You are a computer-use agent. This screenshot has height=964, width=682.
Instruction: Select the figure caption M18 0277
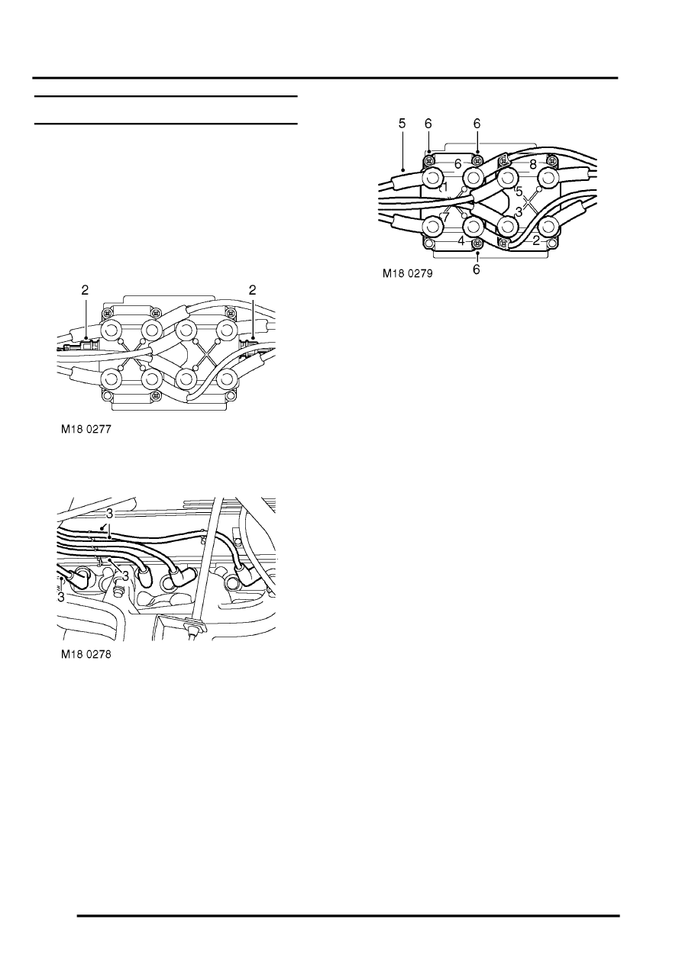tap(86, 430)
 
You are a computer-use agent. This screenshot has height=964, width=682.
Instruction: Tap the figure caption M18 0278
tap(86, 655)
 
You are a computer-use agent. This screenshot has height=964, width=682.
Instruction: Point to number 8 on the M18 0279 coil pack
tap(533, 163)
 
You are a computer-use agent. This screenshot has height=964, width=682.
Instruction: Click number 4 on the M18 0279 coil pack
tap(461, 241)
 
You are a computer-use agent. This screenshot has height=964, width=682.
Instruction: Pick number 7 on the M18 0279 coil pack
tap(445, 217)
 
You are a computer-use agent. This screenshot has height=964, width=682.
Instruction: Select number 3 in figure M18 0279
tap(519, 211)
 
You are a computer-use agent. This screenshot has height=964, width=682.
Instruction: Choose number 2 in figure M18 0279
tap(536, 240)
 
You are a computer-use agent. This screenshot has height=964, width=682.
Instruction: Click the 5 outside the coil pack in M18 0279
tap(402, 123)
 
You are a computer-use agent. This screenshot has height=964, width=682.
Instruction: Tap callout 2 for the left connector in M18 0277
tap(86, 289)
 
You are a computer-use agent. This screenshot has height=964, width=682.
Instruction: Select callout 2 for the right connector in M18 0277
tap(253, 289)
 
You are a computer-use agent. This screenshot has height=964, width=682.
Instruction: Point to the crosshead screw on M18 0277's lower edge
tap(156, 395)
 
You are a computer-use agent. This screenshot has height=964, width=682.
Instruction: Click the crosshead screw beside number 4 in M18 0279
tap(477, 243)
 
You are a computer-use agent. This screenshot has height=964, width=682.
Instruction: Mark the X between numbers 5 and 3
tap(530, 202)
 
